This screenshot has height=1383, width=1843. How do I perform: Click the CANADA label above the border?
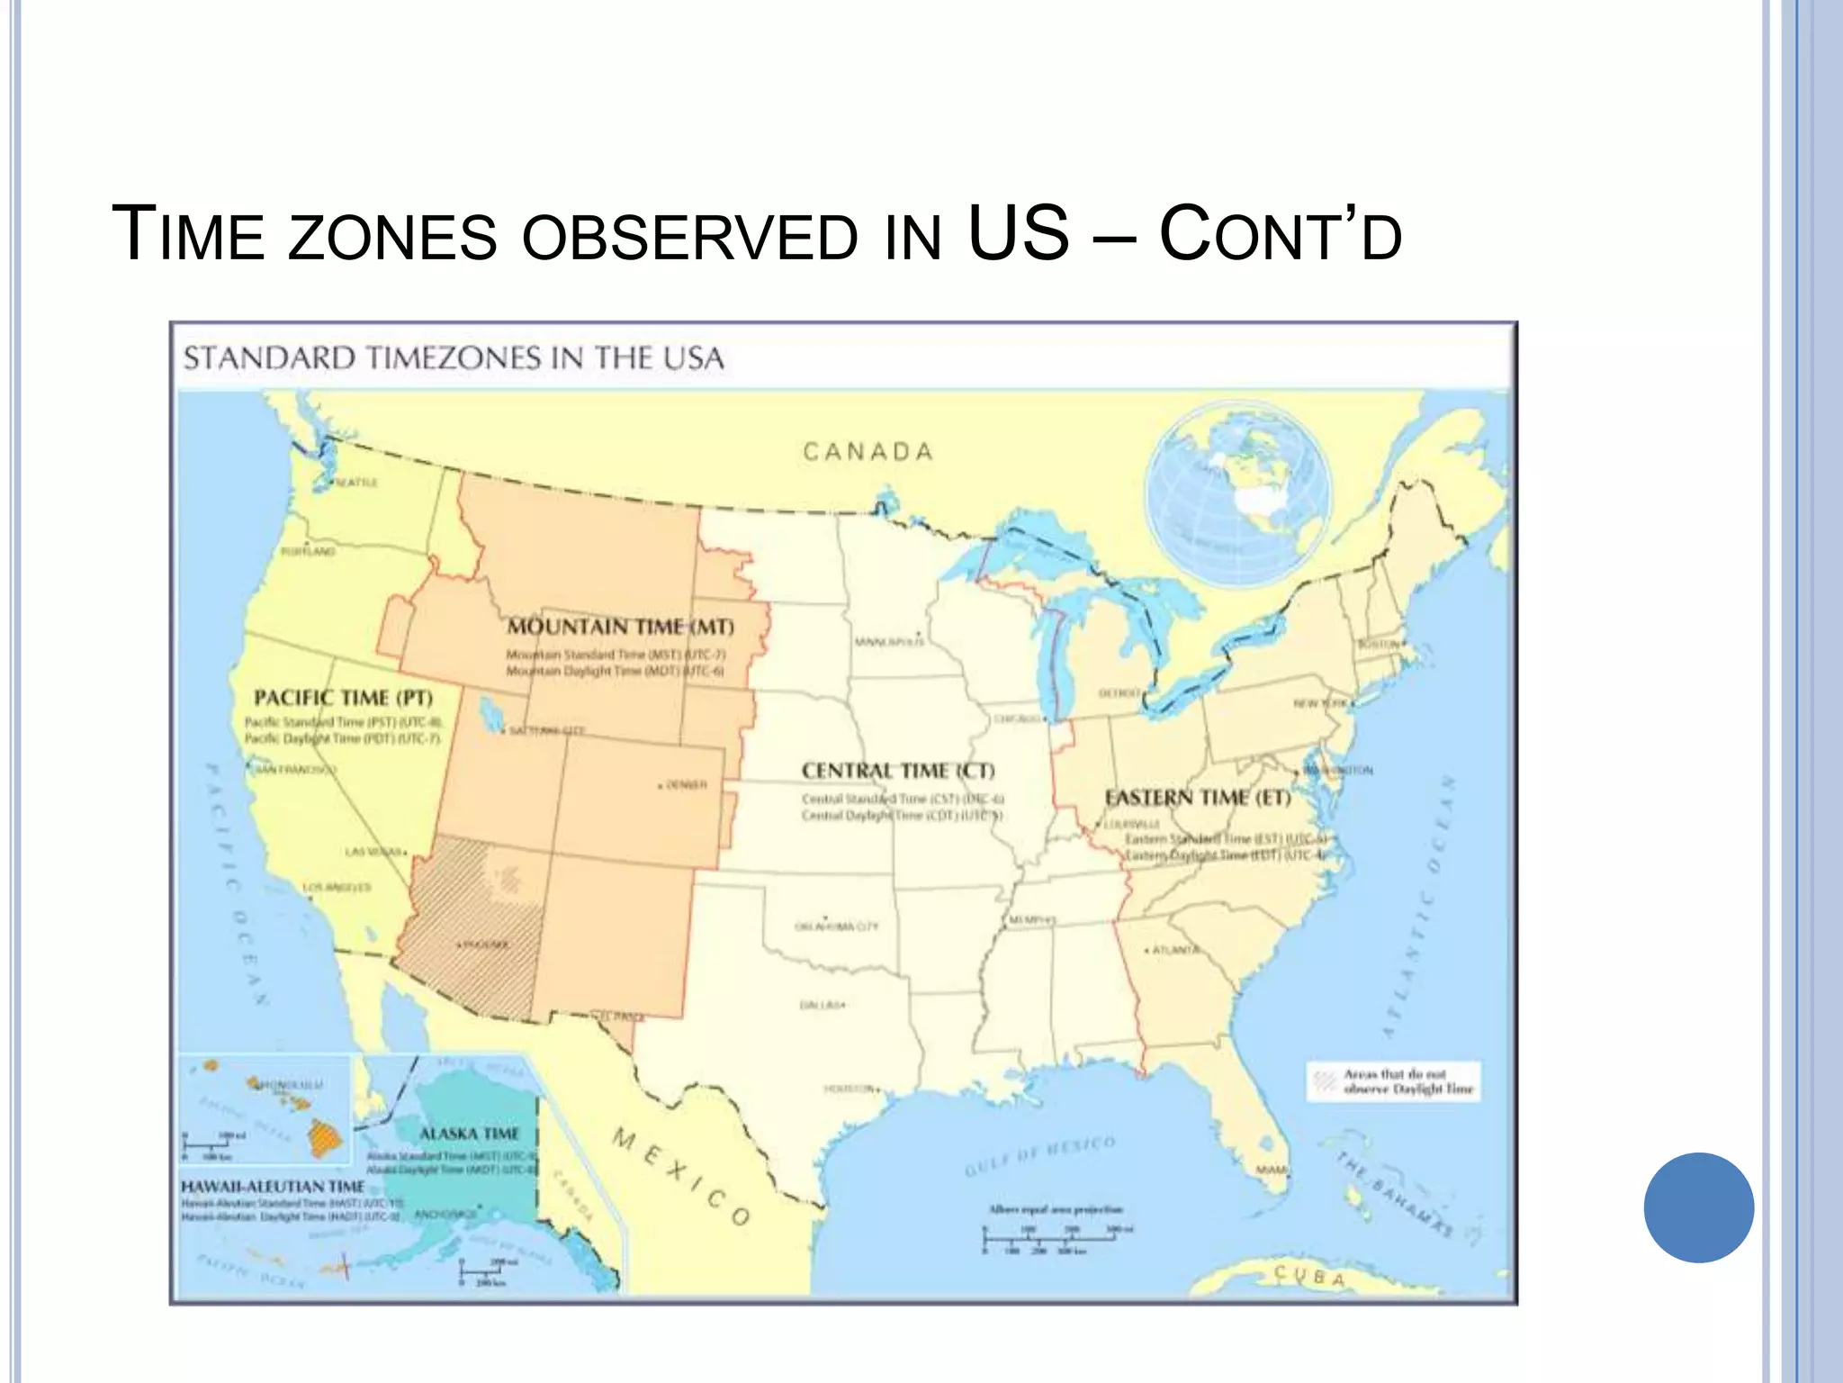coord(868,451)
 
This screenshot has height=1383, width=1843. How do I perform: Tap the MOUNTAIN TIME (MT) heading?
coord(620,627)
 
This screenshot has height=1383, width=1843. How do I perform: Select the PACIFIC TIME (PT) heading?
coord(343,698)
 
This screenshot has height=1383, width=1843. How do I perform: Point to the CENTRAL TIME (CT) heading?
coord(898,771)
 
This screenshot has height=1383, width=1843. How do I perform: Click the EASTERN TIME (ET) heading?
coord(1198,798)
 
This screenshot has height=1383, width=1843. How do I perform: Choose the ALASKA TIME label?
coord(469,1133)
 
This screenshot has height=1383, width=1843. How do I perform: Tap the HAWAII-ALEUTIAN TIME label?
coord(273,1187)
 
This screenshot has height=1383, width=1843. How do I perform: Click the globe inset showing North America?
coord(1238,494)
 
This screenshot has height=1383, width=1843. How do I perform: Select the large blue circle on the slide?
coord(1698,1207)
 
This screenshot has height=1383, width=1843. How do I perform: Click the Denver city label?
coord(686,785)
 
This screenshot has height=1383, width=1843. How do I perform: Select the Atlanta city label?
coord(1175,950)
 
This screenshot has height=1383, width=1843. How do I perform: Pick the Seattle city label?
coord(356,483)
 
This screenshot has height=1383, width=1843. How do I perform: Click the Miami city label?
coord(1272,1170)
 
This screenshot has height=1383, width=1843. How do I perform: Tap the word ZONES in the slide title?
coord(392,236)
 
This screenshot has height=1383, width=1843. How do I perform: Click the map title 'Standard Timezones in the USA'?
coord(454,358)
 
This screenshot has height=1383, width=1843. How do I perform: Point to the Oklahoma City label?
coord(836,927)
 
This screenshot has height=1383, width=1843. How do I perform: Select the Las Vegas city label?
coord(373,851)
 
